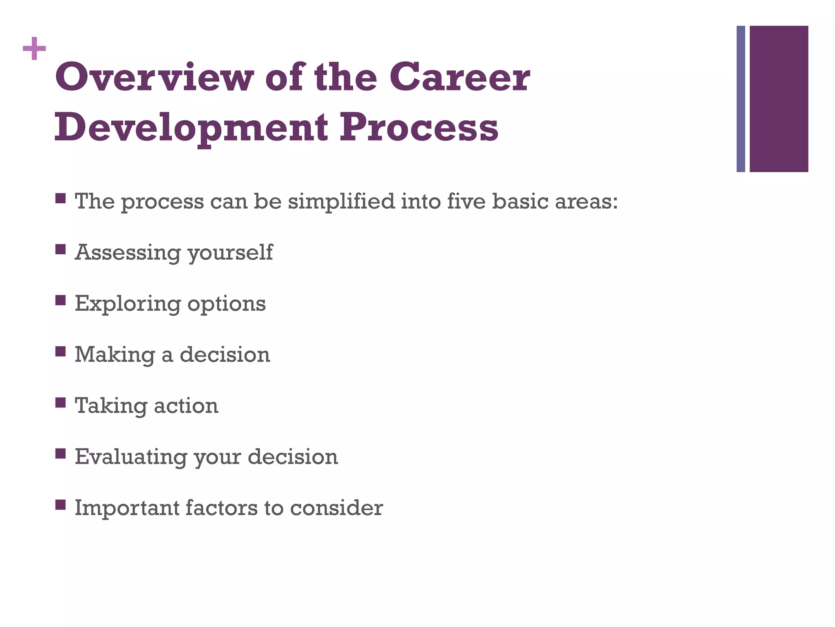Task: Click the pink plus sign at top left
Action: [34, 49]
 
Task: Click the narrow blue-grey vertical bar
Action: [740, 99]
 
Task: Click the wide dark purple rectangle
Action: [779, 99]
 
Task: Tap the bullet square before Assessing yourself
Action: [60, 249]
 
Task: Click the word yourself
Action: [230, 253]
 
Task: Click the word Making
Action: [115, 355]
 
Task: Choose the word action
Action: [186, 406]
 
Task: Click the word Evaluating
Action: [130, 457]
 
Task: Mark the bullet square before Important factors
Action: [60, 505]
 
